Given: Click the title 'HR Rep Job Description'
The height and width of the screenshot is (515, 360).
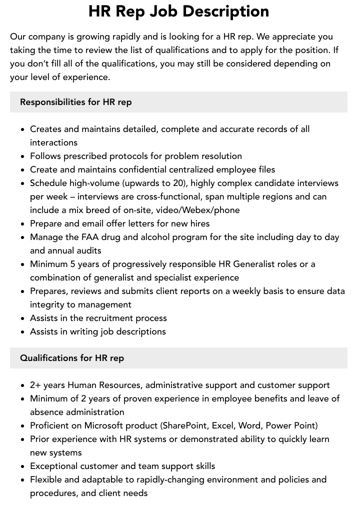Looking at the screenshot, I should (178, 11).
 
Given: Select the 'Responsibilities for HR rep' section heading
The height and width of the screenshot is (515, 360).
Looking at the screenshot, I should (75, 102).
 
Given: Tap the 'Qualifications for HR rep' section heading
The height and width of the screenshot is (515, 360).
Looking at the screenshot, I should (71, 358).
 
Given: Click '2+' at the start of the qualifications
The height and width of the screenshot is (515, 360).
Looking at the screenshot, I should (35, 385).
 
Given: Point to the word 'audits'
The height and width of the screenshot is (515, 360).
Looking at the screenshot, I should (86, 250).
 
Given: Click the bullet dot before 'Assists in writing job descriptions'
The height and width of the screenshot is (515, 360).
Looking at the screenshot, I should (22, 332).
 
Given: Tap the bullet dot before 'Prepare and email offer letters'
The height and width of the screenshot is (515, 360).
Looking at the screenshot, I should (22, 224).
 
